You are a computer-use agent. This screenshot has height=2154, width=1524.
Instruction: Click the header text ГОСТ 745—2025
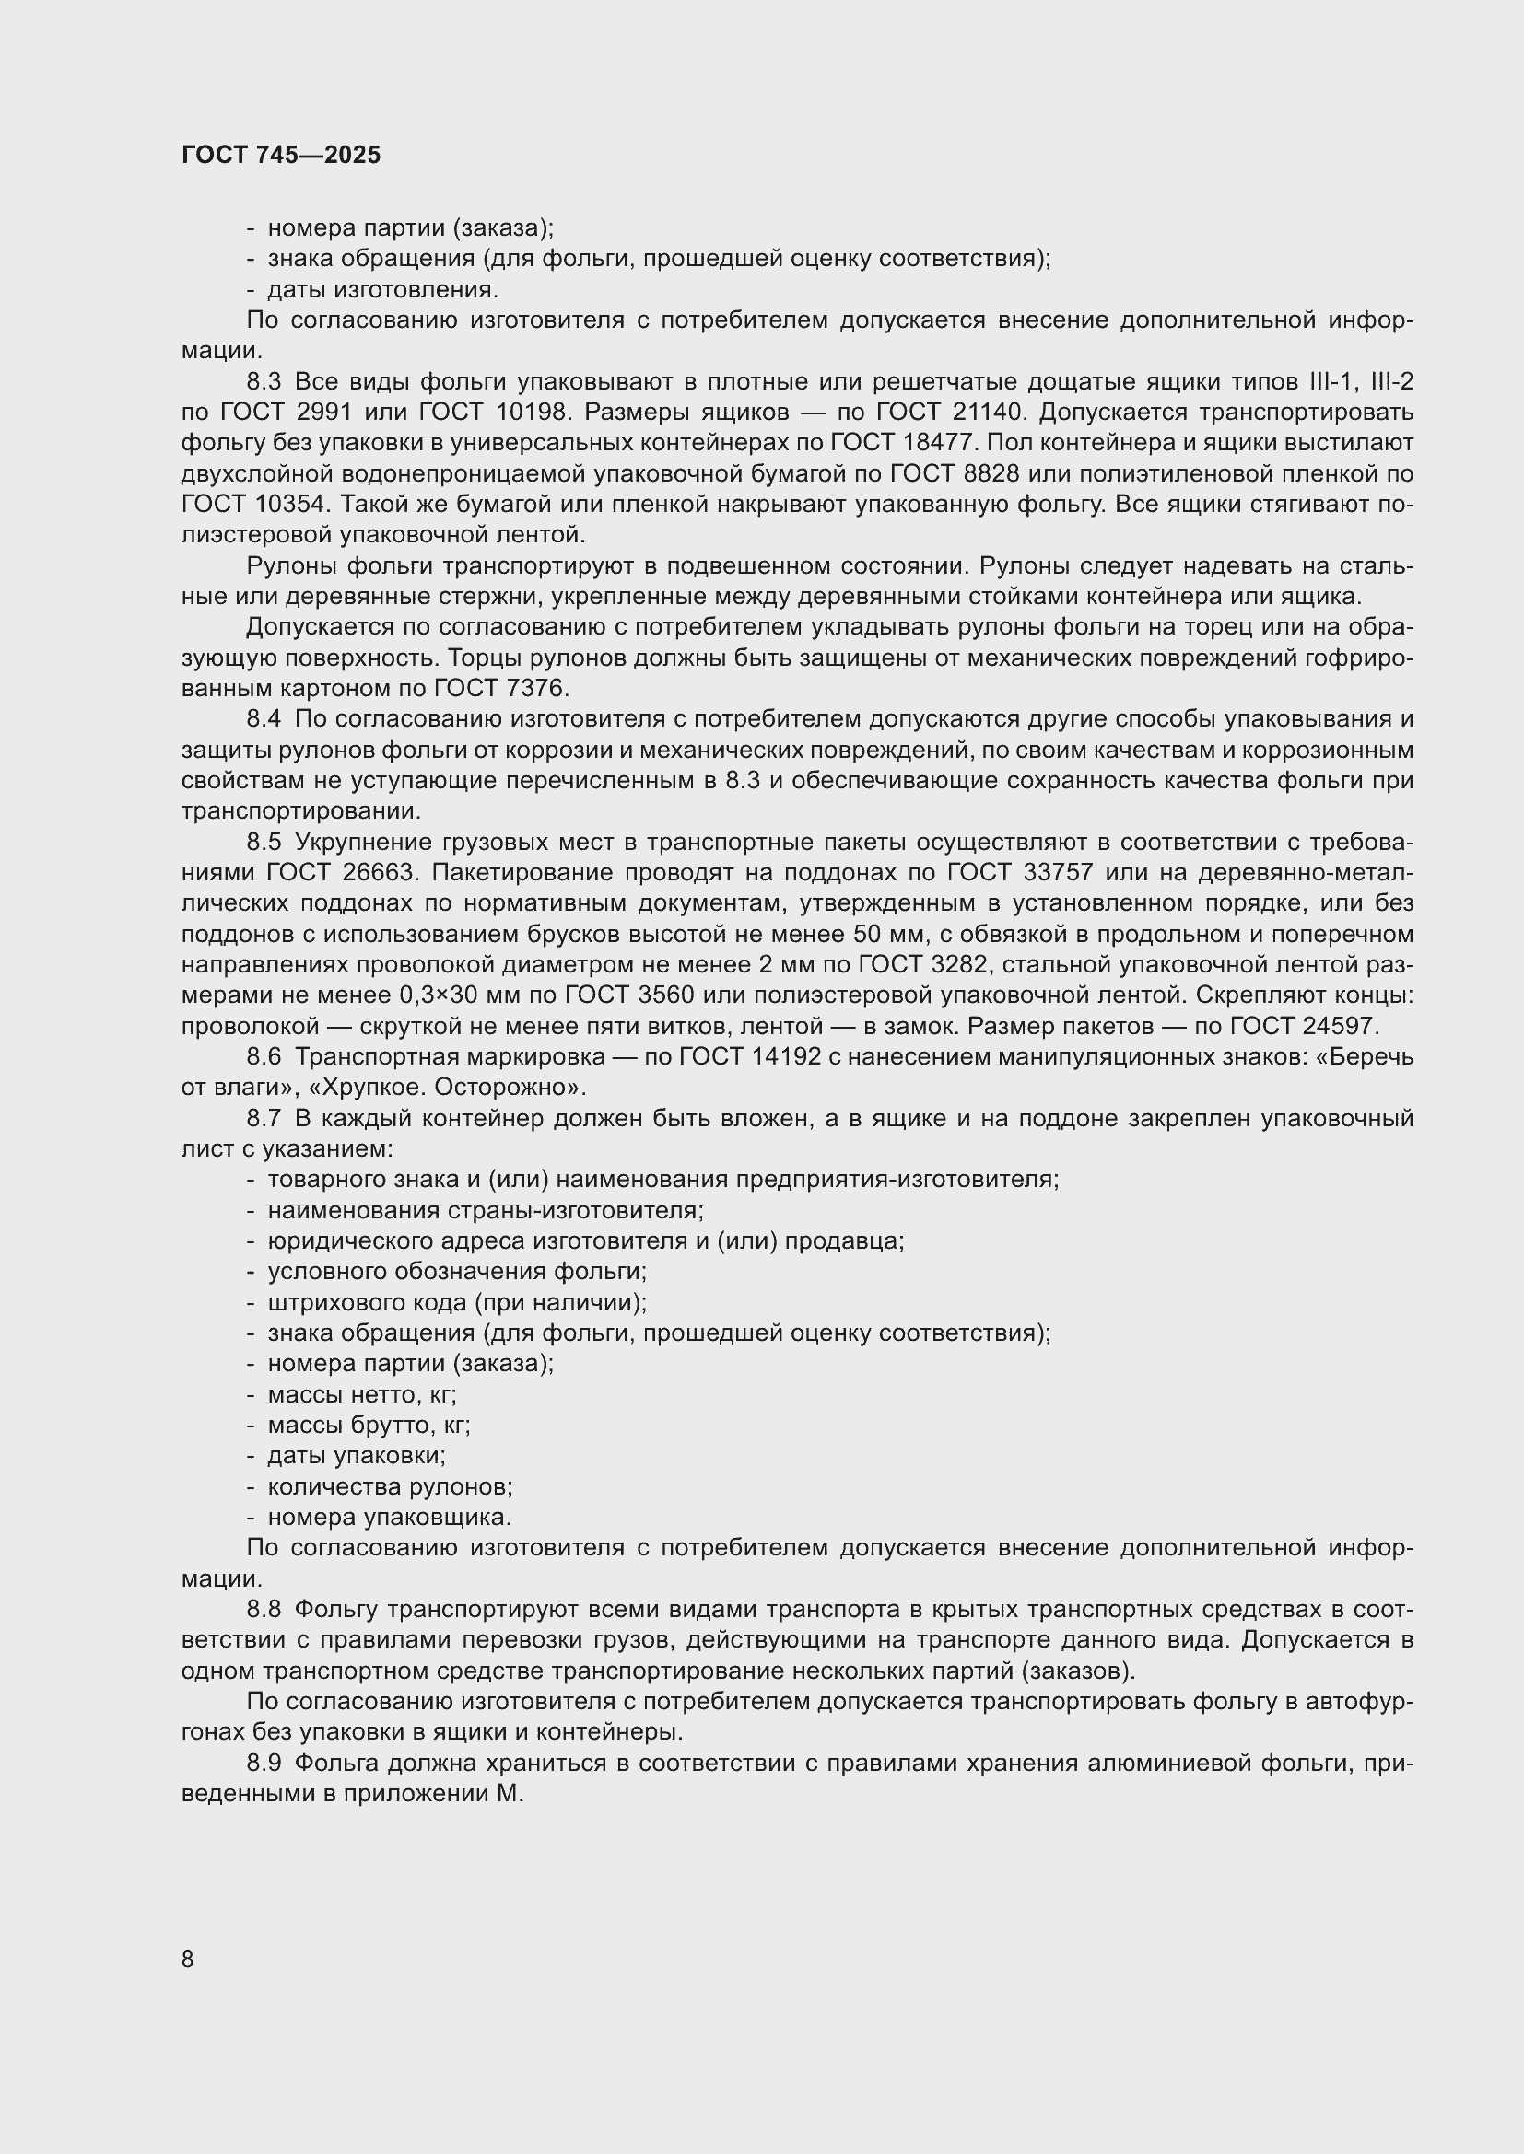(282, 156)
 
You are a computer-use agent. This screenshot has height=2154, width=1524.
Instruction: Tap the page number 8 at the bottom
(188, 1960)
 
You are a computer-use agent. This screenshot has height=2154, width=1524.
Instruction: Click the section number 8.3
(264, 382)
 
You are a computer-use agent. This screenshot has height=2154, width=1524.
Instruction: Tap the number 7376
(535, 689)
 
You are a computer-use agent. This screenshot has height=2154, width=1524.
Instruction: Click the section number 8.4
(264, 719)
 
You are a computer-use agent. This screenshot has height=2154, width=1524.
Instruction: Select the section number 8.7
(264, 1119)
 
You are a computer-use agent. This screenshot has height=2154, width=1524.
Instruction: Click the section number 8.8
(264, 1610)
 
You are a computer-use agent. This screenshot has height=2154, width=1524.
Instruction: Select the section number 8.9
(264, 1764)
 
